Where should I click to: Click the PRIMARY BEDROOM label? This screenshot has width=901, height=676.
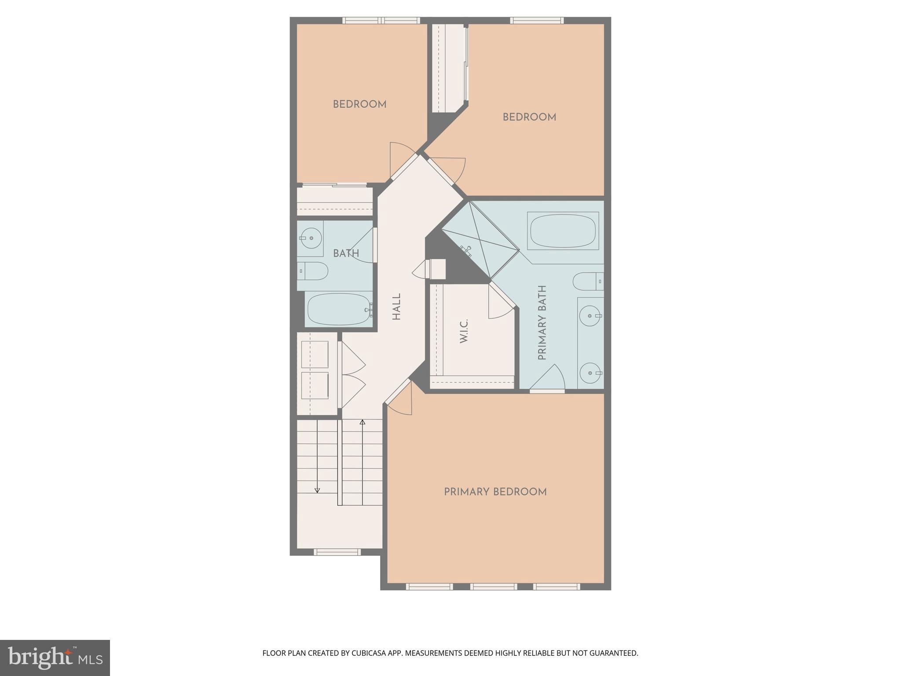pos(495,492)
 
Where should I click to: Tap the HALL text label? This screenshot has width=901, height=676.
pos(396,307)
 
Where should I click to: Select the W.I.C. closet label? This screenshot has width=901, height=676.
pos(464,331)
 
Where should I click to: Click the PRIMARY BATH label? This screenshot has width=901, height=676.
pos(542,323)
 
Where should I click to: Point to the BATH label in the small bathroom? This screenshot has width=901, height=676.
pos(346,253)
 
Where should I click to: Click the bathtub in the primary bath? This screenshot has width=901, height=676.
pos(563,231)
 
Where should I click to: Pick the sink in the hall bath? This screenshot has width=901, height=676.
pos(311,238)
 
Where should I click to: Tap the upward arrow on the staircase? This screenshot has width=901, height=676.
pos(363,422)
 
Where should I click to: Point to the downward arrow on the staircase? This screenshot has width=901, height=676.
pos(317,490)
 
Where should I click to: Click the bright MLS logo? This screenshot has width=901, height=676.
pos(55,658)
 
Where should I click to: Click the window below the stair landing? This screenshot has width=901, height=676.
pos(337,552)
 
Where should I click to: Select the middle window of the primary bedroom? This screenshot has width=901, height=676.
pos(493,586)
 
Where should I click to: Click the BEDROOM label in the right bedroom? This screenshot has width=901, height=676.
pos(529,117)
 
